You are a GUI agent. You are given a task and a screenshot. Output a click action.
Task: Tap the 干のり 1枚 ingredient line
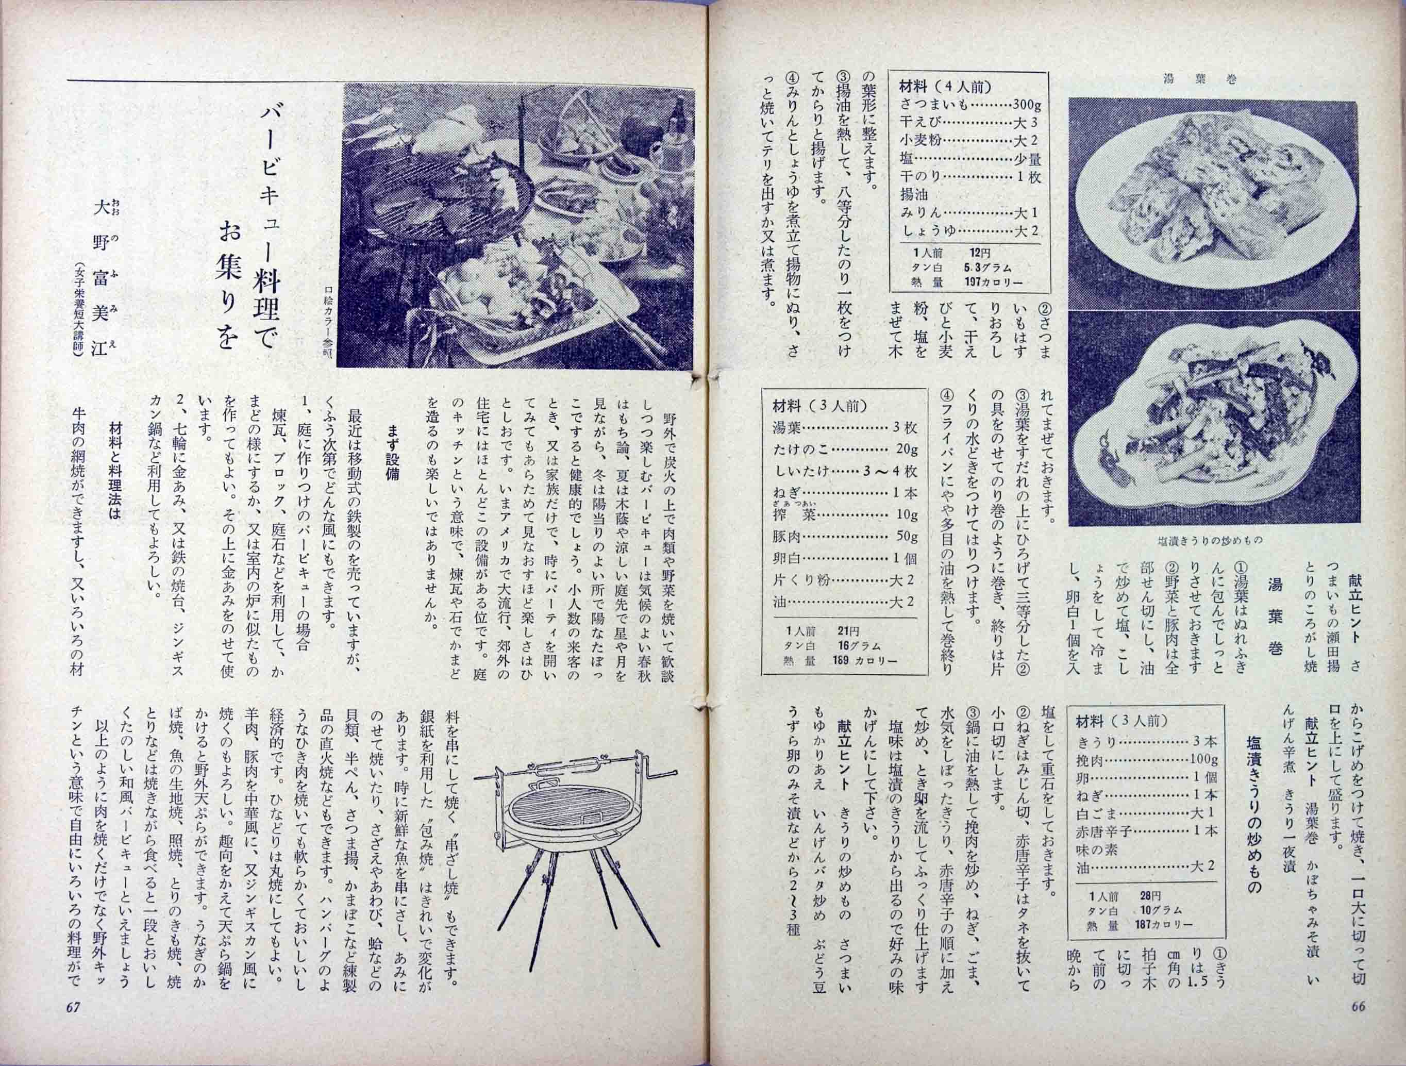click(970, 177)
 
